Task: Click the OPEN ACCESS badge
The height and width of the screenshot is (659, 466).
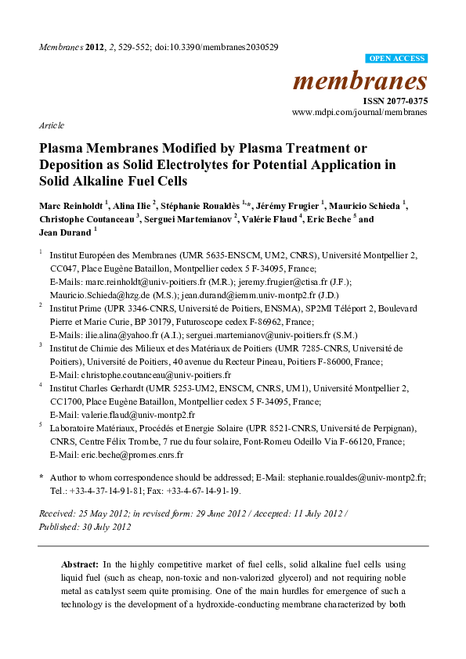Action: pyautogui.click(x=396, y=59)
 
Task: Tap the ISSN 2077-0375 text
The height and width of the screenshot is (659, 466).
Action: pyautogui.click(x=394, y=101)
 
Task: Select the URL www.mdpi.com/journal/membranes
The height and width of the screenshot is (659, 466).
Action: pyautogui.click(x=359, y=113)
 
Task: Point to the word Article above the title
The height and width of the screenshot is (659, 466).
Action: pyautogui.click(x=51, y=125)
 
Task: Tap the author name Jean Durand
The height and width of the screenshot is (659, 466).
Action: pyautogui.click(x=65, y=232)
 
